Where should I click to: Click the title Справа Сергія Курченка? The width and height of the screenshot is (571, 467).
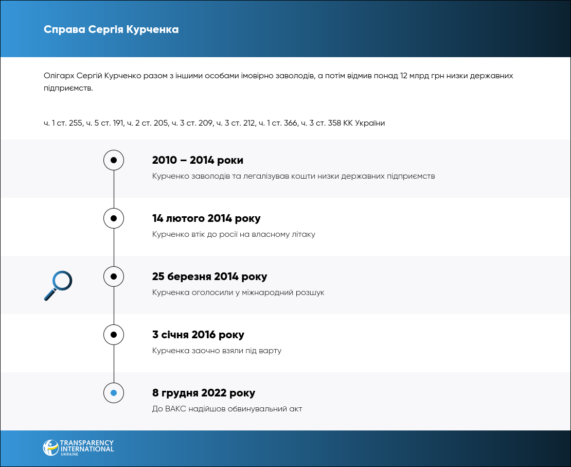pos(111,29)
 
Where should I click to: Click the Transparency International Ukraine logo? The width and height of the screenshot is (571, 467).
pos(78,447)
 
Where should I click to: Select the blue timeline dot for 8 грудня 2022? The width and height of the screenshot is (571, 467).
pos(114,393)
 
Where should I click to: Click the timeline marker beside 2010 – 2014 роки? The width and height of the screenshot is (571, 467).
pos(114,160)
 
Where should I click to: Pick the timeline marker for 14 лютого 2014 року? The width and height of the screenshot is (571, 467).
pos(114,218)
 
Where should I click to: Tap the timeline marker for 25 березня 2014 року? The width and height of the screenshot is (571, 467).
pos(114,276)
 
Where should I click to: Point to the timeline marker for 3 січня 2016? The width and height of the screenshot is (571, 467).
pos(114,335)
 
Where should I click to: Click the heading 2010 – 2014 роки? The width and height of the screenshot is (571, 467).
pos(198,160)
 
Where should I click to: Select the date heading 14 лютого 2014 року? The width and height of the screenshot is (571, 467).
pos(206,218)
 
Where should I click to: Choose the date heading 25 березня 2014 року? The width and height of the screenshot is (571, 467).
pos(210,276)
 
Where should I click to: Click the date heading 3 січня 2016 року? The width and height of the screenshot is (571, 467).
pos(198,335)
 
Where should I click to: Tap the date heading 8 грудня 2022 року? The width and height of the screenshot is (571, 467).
pos(204,393)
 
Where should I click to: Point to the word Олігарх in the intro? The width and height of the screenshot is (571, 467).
pos(58,76)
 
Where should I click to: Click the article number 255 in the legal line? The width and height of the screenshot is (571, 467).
pos(76,123)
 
